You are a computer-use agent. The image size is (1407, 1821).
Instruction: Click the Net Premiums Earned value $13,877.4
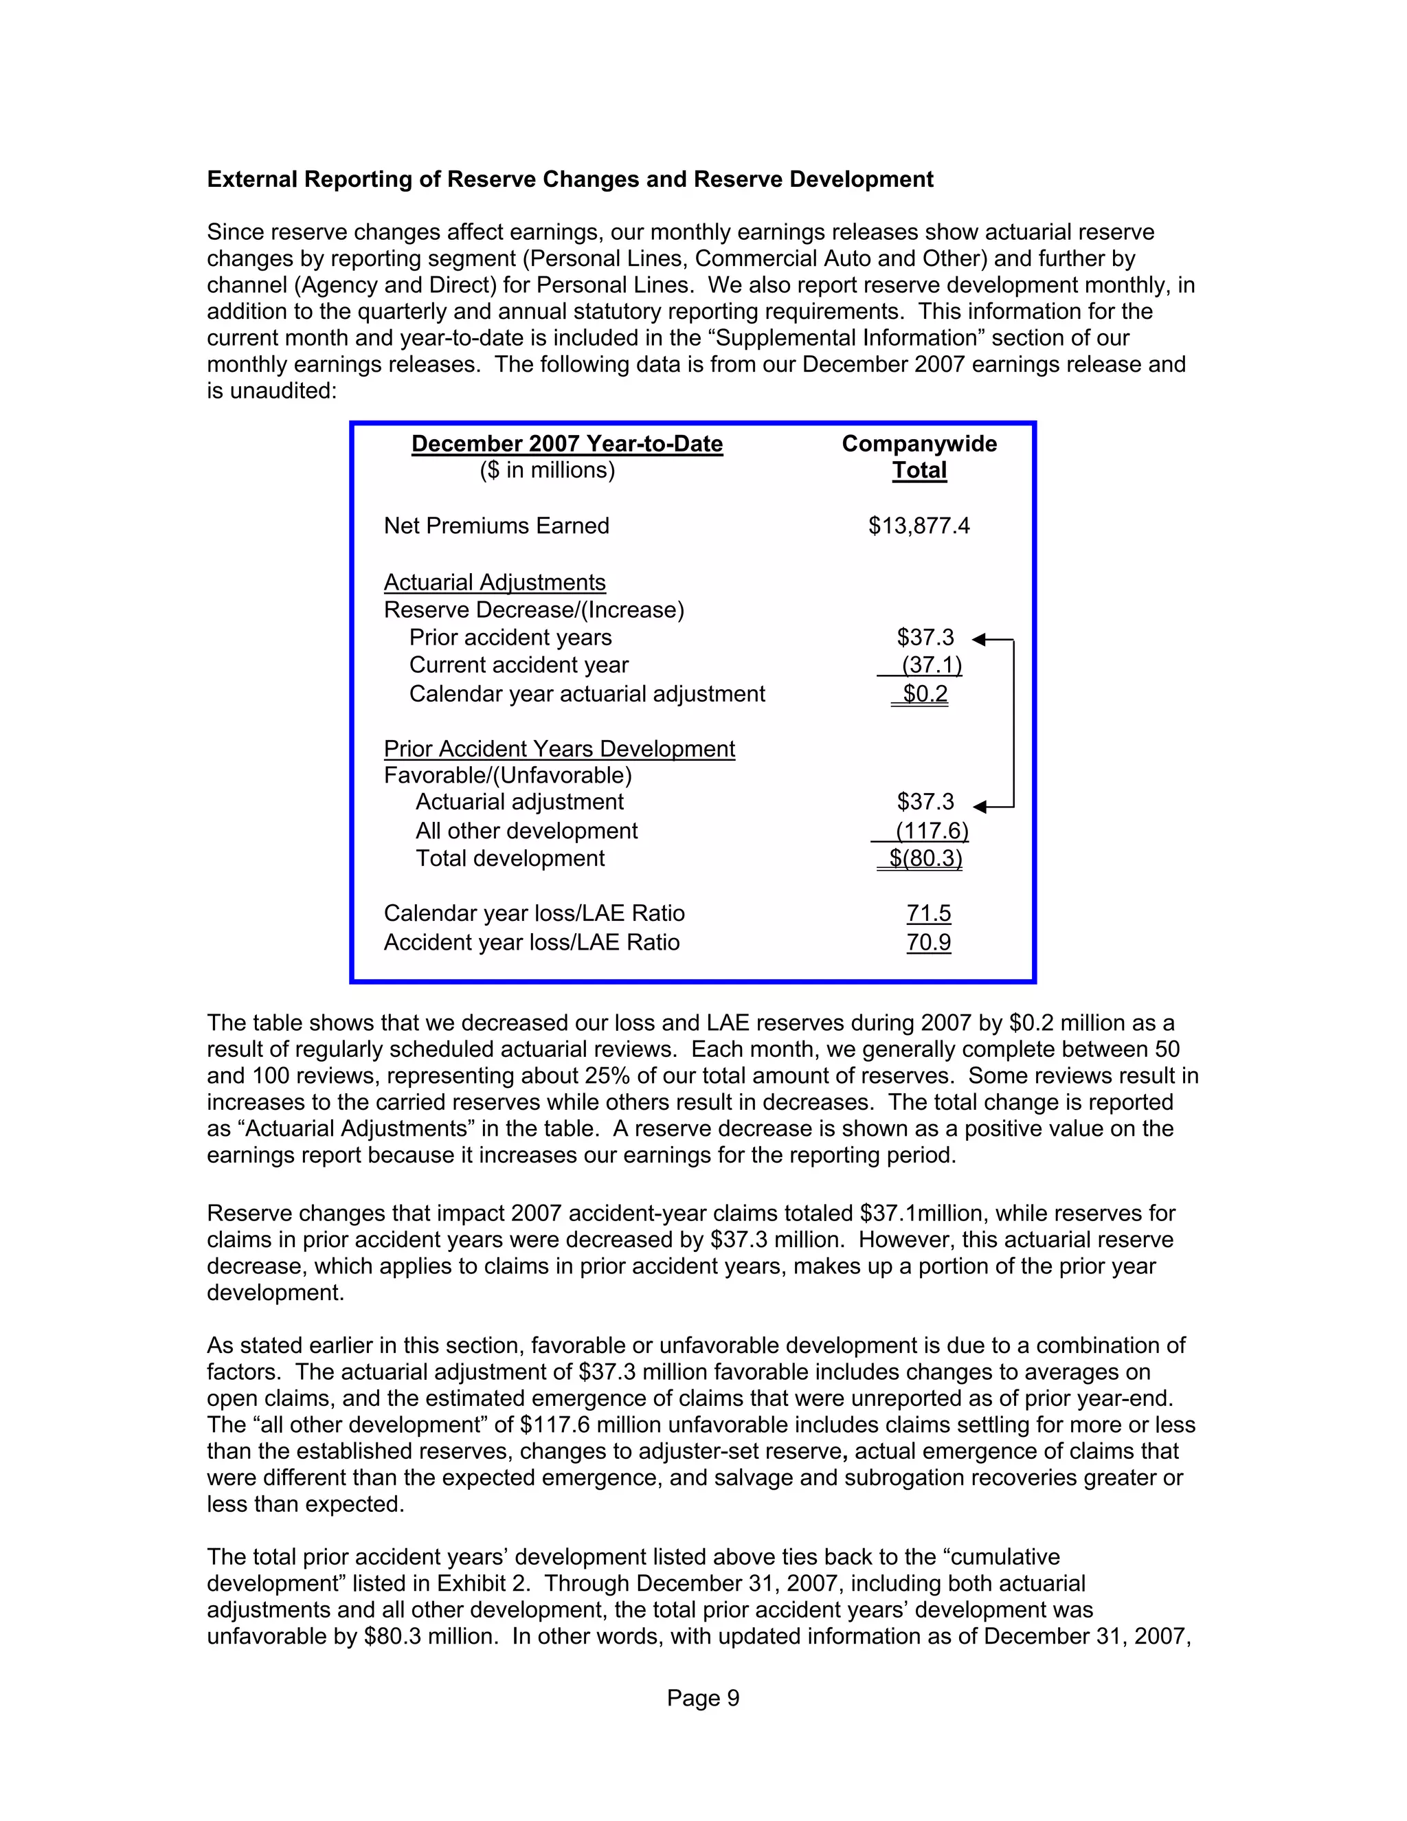pos(919,526)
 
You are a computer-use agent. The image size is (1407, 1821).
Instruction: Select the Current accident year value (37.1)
pos(931,665)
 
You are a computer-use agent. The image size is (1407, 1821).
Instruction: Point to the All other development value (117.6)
pos(931,831)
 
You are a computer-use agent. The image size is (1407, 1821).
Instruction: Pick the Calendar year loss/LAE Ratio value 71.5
pos(929,914)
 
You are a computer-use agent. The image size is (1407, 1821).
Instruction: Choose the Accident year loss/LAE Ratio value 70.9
pos(929,942)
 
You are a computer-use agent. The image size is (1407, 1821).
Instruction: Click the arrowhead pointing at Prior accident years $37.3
pos(980,640)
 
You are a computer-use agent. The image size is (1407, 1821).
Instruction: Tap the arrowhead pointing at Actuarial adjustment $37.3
pos(980,806)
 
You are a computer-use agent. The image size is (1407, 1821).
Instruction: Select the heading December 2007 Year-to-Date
pos(567,444)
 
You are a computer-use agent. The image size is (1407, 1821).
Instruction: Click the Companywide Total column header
pos(919,457)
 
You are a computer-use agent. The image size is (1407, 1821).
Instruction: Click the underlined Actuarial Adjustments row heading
pos(494,582)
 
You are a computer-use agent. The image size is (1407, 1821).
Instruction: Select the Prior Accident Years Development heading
pos(559,749)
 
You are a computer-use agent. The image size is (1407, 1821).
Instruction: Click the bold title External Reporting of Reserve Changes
pos(570,179)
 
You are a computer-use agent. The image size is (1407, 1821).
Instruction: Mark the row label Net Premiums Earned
pos(496,526)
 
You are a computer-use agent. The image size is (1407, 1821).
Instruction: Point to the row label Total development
pos(510,859)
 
